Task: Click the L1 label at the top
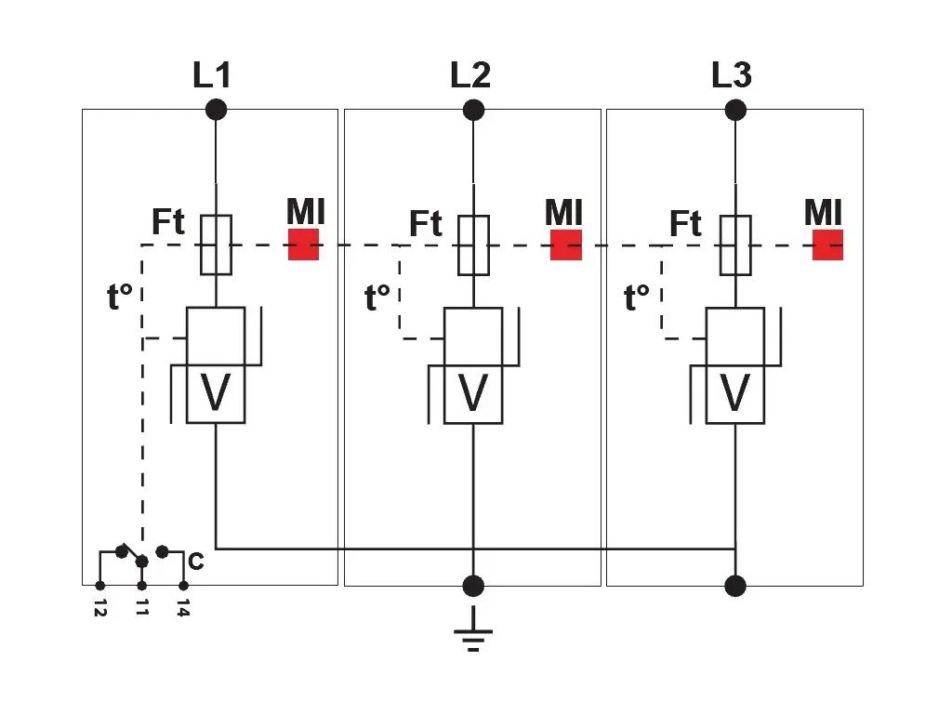click(211, 74)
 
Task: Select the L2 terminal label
click(470, 74)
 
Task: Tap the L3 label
click(732, 74)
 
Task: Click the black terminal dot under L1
click(216, 110)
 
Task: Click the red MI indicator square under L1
click(303, 245)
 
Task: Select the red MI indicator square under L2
click(566, 245)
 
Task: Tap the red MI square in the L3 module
click(827, 245)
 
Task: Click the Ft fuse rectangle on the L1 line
click(216, 245)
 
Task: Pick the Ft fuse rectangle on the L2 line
click(474, 245)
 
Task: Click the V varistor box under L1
click(216, 393)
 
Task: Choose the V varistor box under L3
click(735, 393)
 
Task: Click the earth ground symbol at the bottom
click(473, 632)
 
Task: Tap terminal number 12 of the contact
click(100, 610)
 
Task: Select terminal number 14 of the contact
click(183, 610)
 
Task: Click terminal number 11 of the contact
click(141, 610)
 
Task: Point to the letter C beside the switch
click(196, 562)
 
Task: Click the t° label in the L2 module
click(377, 298)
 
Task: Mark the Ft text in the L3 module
click(685, 224)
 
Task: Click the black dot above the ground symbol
click(473, 586)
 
